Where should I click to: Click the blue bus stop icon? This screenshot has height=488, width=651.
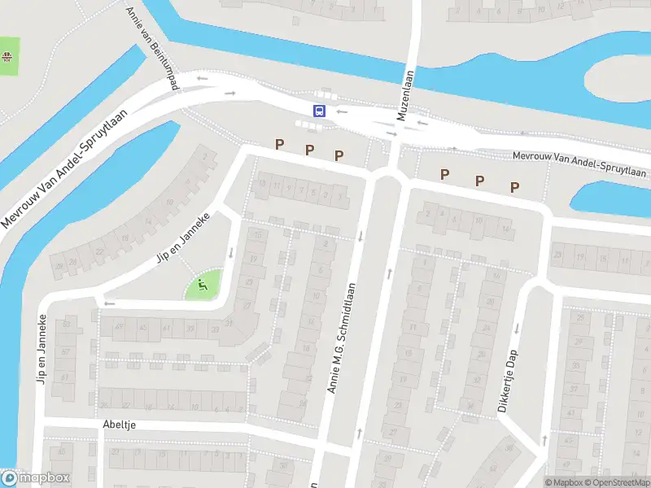click(x=320, y=111)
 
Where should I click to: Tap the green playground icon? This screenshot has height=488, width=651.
click(x=202, y=285)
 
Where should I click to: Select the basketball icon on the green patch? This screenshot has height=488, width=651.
click(x=7, y=56)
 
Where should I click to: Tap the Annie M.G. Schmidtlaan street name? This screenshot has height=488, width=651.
click(x=343, y=338)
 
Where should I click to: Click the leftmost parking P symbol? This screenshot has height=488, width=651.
click(x=279, y=145)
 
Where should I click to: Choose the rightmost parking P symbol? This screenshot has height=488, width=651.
click(x=514, y=187)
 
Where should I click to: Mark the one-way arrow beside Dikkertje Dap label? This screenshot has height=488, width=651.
click(x=516, y=328)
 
